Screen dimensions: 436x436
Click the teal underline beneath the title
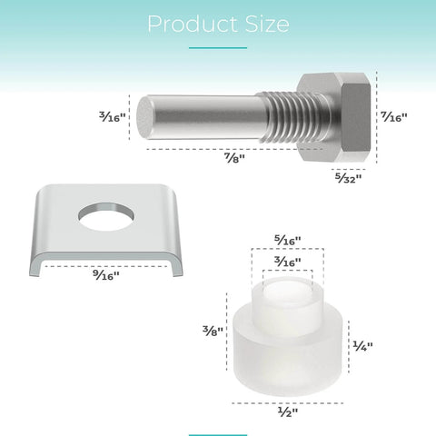tap(217, 47)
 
